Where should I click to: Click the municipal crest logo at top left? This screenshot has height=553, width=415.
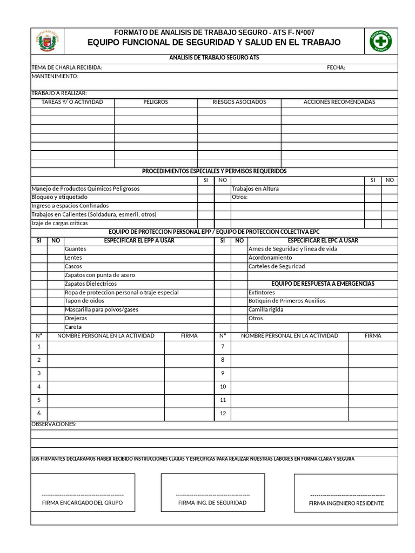tap(47, 41)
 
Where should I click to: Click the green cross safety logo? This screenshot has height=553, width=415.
tap(380, 41)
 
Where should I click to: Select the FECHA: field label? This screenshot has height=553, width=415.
tap(336, 68)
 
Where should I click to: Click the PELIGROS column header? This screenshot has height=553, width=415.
tap(156, 102)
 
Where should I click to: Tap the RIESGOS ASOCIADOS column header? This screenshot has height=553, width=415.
tap(239, 102)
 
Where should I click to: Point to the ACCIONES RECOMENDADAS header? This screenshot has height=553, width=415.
tap(339, 102)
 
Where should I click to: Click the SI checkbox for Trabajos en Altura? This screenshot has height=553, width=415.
tap(372, 189)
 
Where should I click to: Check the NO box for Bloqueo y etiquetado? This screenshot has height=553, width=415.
tap(222, 198)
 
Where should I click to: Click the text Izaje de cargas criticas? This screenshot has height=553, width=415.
tap(59, 223)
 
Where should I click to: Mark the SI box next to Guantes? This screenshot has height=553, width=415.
tap(38, 249)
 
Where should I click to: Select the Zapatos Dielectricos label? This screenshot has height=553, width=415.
tap(90, 284)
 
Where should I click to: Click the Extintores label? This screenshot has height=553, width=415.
tap(262, 292)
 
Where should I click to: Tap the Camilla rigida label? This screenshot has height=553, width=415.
tap(266, 309)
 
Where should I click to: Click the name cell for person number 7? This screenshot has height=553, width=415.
tap(289, 346)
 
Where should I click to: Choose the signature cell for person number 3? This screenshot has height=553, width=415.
tap(189, 373)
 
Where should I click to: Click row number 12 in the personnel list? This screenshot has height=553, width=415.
tap(223, 414)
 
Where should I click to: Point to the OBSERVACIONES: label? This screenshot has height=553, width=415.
tap(54, 424)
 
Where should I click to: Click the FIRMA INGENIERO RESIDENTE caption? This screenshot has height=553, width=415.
tap(346, 503)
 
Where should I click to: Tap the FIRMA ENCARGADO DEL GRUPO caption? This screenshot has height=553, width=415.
tap(82, 502)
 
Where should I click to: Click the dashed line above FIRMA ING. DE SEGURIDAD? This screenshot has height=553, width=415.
tap(212, 495)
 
